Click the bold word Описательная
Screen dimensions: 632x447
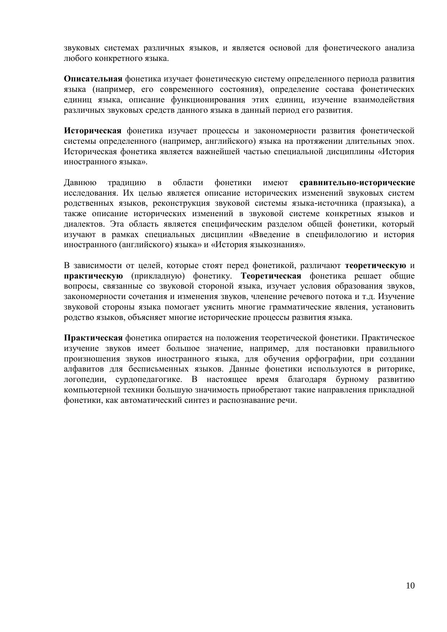[x=93, y=79]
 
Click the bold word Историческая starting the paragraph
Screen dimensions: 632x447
[x=93, y=130]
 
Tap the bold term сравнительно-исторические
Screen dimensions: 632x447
[x=357, y=183]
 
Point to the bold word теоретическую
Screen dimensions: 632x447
[x=375, y=266]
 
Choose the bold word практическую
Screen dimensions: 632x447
[x=93, y=276]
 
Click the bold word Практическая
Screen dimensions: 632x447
[x=93, y=338]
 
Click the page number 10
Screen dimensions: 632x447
[x=410, y=586]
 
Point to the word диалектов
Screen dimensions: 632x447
[x=84, y=224]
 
